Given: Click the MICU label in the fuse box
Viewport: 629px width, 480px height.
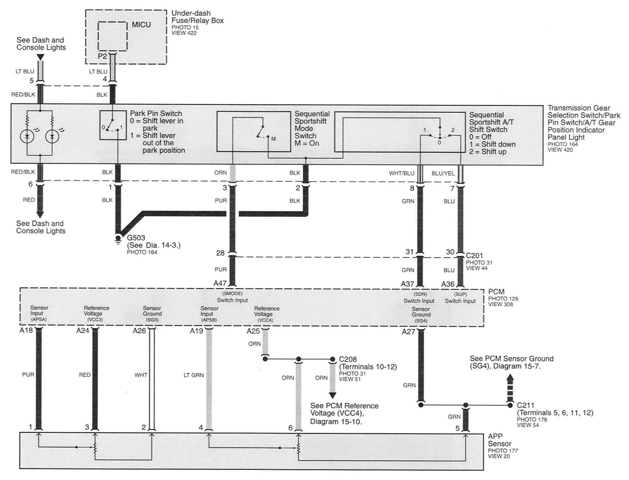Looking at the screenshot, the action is [141, 25].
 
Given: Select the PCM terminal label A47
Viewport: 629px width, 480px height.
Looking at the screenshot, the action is [220, 283].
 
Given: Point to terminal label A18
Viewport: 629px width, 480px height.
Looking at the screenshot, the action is [26, 331].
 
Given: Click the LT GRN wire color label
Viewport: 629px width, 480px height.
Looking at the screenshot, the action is [194, 375].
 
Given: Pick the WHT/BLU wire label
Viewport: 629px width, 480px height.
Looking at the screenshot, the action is [401, 173].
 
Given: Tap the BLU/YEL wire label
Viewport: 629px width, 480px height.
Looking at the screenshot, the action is [443, 173].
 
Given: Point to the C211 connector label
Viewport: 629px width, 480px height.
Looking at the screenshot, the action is [525, 405].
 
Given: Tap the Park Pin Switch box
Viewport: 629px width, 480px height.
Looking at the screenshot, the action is [113, 125].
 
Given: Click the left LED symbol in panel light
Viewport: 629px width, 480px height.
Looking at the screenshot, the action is [27, 136].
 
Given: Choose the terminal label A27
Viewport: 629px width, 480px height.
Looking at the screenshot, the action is [408, 332].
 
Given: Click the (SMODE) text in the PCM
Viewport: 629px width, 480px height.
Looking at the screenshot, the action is [232, 293].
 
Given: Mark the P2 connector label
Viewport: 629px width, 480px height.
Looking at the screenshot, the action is [102, 56].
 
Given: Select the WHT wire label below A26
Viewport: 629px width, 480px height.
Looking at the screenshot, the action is [141, 375].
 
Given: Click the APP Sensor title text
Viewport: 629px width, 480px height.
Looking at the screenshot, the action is [499, 440].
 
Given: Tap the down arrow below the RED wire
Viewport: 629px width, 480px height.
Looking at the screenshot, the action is [40, 215].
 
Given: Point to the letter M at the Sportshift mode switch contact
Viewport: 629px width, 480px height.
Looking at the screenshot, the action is [274, 139].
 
